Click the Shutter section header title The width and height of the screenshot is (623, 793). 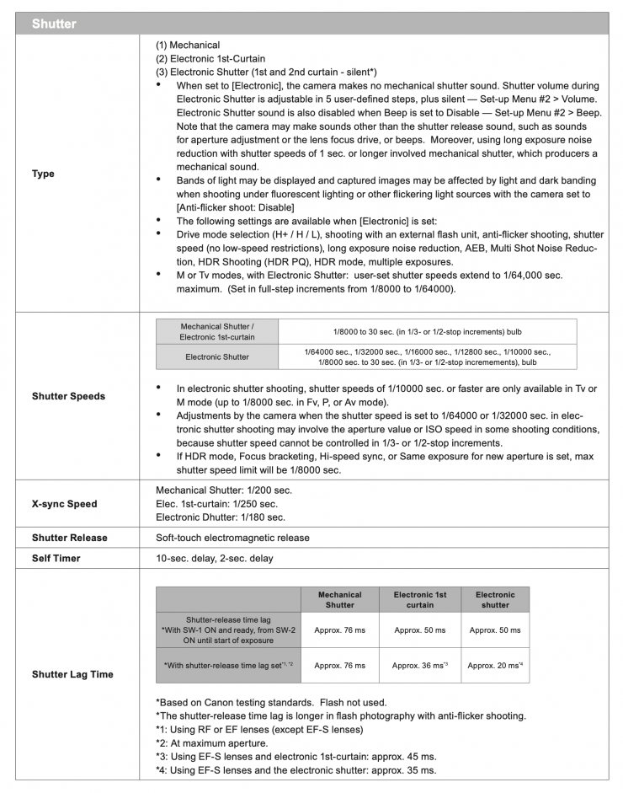point(54,24)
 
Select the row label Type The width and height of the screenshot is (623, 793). point(43,174)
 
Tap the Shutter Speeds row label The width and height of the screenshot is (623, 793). point(68,396)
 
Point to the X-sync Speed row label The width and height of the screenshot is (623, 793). point(64,504)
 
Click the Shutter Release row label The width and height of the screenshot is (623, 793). point(69,538)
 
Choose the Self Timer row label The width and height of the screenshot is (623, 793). point(57,558)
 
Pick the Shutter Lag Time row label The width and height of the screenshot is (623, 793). point(72,674)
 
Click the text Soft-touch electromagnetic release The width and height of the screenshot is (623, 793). point(232,538)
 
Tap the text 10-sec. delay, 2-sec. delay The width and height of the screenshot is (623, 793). point(214,558)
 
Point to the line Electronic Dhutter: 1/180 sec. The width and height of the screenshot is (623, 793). point(221,517)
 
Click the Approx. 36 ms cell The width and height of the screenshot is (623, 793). point(420,665)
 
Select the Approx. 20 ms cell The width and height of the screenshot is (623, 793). point(495,665)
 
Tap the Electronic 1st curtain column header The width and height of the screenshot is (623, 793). point(420,599)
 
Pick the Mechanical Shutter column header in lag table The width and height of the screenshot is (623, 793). point(340,599)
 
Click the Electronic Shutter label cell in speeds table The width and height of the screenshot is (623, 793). point(217,356)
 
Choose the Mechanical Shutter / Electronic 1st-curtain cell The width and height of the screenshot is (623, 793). point(217,331)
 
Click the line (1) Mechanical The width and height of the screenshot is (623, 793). point(188,45)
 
